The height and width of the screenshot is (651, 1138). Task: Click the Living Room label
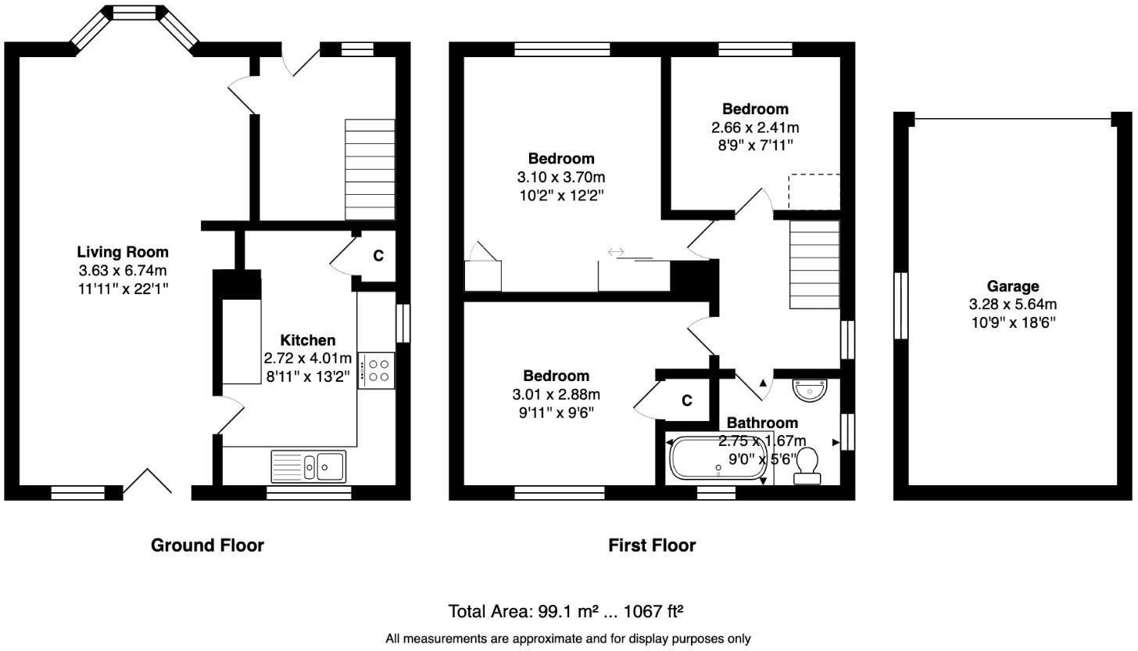123,252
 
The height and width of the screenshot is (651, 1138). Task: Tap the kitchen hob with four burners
377,370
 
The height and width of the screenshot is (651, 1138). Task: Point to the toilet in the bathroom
807,466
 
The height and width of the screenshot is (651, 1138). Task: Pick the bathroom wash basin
809,389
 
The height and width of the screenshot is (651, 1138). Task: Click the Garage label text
1012,286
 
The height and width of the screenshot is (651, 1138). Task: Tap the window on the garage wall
900,305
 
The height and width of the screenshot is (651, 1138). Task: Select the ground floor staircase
370,169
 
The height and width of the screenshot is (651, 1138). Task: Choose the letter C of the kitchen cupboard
378,256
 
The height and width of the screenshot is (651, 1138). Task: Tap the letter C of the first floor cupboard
687,401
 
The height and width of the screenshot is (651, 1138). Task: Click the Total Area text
567,611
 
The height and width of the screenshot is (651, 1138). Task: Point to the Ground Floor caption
207,545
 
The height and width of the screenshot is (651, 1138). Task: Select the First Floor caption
652,545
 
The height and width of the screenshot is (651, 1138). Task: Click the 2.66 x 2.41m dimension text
755,128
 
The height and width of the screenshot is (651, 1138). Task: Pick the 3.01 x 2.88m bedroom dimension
556,394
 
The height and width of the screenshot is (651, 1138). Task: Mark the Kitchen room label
308,340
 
